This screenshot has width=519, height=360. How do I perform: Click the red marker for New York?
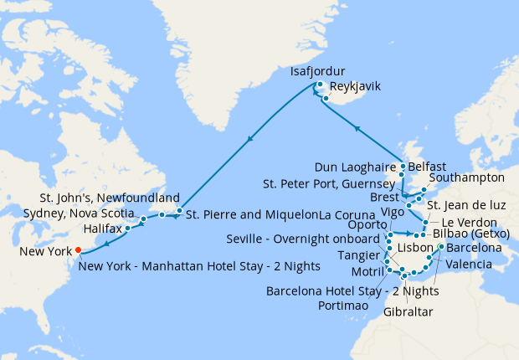pos(78,249)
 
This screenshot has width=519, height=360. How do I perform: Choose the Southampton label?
pos(466,178)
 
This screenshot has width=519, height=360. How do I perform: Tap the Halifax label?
pos(102,229)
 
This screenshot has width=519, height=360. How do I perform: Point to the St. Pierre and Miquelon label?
pos(252,213)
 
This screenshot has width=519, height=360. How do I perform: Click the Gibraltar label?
pos(408,311)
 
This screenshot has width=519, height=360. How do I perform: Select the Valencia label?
pos(475,265)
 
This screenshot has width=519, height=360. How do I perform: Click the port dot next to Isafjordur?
pos(320,85)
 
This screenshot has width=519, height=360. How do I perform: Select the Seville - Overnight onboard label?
pos(305,239)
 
